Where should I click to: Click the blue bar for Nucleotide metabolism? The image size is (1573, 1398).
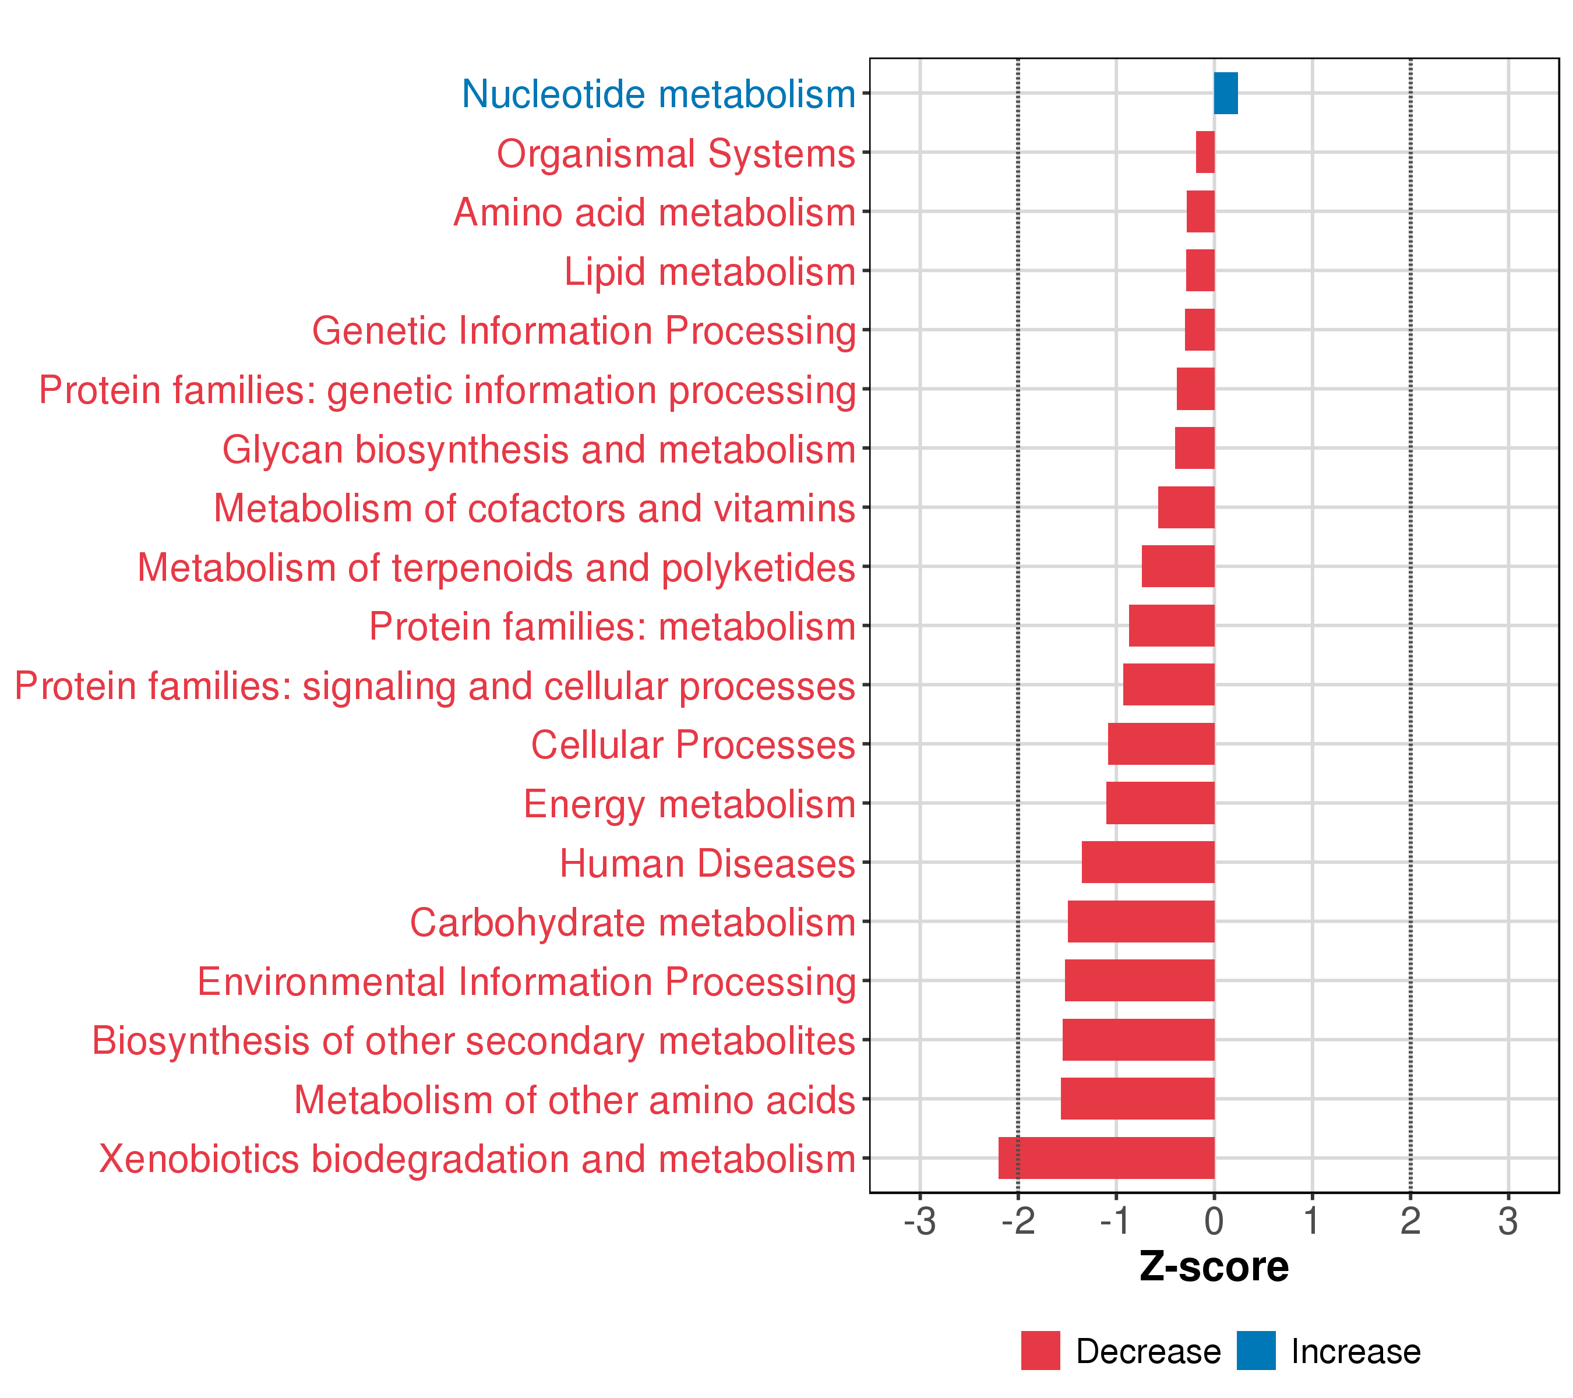(1225, 93)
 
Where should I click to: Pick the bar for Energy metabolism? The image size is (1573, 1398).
(1160, 803)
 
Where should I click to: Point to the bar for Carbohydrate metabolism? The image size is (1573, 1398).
(1141, 921)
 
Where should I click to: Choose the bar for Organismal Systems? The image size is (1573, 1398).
(1205, 153)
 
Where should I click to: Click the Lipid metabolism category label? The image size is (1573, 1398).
(710, 271)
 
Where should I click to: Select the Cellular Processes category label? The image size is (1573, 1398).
(693, 745)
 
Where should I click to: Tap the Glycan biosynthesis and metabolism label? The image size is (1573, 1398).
(539, 449)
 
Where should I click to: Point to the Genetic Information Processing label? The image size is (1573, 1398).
(583, 331)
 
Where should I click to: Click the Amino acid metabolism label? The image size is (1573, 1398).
(654, 213)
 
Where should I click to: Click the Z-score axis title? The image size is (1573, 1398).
(1214, 1267)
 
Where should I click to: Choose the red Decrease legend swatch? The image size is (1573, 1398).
(1041, 1351)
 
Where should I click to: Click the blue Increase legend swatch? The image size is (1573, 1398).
(1256, 1351)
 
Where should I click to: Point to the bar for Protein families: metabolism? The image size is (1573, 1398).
(1171, 626)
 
